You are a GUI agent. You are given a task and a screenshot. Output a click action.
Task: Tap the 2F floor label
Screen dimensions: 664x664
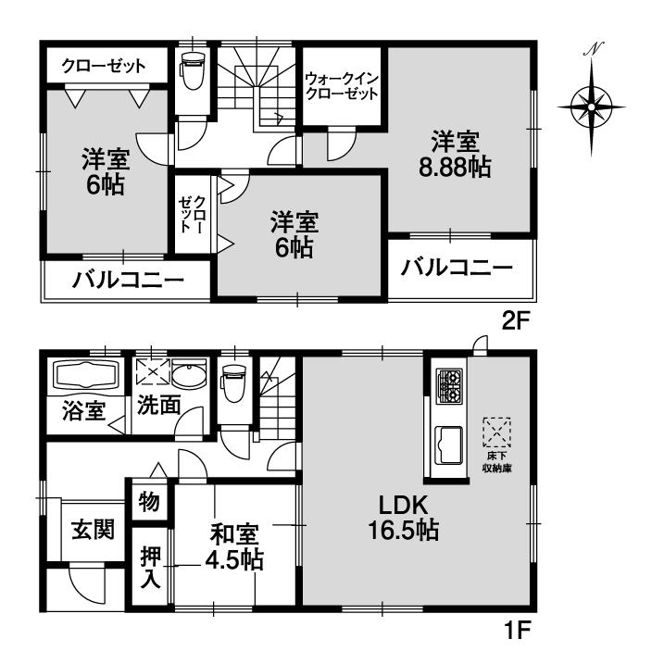tap(516, 321)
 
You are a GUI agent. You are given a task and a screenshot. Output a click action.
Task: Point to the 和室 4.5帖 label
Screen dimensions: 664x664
tap(234, 547)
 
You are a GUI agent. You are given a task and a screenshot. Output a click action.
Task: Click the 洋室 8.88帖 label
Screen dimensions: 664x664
tap(454, 154)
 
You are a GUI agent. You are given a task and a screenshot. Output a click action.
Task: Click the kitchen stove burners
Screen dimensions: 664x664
tap(449, 385)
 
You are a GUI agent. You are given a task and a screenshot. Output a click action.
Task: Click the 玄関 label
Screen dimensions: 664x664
tap(93, 530)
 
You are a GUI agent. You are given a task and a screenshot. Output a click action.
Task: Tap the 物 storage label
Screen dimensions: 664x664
tap(150, 501)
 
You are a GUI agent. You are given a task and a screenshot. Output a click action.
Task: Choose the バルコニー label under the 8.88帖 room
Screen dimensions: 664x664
tap(457, 269)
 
